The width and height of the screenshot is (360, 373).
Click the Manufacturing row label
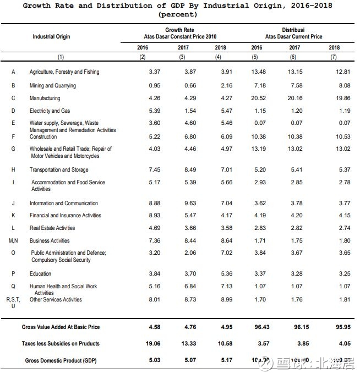(x=45, y=98)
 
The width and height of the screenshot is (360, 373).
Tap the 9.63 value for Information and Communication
(x=183, y=203)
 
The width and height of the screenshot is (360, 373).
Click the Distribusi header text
(x=293, y=30)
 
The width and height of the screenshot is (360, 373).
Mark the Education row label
(x=40, y=273)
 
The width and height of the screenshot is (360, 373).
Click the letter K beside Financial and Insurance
(x=13, y=216)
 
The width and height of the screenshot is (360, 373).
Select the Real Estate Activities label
(x=52, y=228)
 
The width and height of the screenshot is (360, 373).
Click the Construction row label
(x=43, y=136)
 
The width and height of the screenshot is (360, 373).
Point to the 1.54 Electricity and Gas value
(x=183, y=111)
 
